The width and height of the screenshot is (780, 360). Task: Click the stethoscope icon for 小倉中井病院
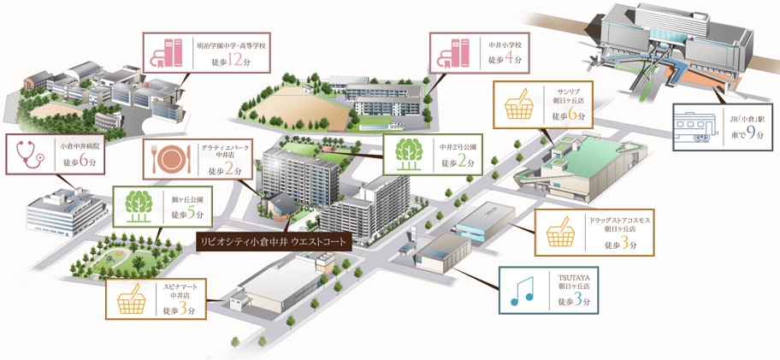(30, 155)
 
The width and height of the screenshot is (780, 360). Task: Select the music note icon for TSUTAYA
(522, 291)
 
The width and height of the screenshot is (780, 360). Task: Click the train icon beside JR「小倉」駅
(693, 127)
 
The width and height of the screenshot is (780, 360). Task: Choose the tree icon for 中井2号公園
(409, 154)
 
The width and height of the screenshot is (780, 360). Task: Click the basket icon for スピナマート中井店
(132, 300)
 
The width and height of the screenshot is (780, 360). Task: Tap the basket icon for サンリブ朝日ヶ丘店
(519, 104)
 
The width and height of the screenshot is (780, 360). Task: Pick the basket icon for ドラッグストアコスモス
(561, 232)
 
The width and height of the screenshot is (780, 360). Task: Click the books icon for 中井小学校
(453, 53)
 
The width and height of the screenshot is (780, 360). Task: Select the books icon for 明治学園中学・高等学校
(167, 53)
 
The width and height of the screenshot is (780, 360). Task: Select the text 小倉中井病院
(77, 147)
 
